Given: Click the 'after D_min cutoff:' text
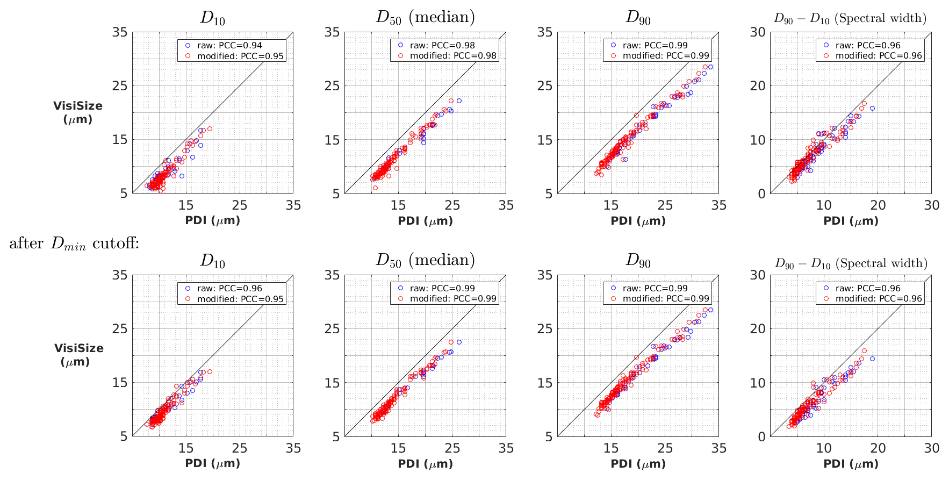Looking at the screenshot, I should [x=74, y=243].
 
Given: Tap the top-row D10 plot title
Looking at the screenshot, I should [x=212, y=18].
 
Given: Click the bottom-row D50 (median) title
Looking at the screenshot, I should [x=425, y=261].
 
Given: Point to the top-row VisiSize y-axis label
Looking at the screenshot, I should [x=78, y=112].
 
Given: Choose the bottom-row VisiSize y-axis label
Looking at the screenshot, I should [x=78, y=355].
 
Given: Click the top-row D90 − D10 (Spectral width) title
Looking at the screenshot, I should [x=850, y=18].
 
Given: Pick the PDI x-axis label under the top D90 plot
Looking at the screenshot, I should [x=638, y=220].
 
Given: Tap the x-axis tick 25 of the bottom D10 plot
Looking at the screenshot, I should [x=240, y=448].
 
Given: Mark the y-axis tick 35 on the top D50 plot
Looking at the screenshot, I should [x=332, y=32].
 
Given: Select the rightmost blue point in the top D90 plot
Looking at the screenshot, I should [x=710, y=67].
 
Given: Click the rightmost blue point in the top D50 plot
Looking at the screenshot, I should [x=459, y=101].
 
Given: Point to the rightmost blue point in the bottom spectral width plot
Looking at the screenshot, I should [x=872, y=359].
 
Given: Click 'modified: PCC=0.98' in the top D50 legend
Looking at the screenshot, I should [x=453, y=56].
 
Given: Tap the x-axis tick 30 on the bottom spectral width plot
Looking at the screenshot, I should [x=932, y=448].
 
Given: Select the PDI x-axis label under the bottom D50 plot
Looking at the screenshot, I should [x=425, y=463].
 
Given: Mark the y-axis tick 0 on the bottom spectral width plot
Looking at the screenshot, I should [x=760, y=436].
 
